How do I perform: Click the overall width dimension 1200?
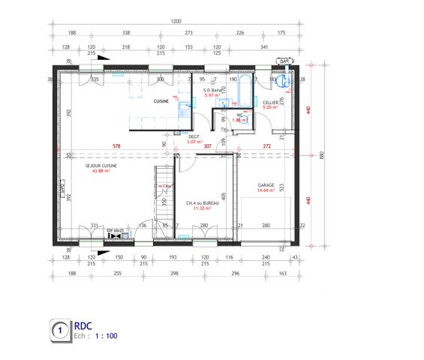(x=176, y=21)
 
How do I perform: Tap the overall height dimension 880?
(x=321, y=155)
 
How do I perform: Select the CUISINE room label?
(x=161, y=100)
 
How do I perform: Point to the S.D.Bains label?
(x=212, y=90)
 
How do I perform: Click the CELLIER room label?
(x=270, y=102)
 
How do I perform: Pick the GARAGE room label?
(x=266, y=184)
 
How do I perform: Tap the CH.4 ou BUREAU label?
(x=200, y=202)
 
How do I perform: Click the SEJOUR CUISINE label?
(x=96, y=166)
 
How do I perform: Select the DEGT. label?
(x=194, y=136)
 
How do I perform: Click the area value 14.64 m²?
(x=266, y=190)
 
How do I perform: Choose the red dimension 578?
(x=116, y=145)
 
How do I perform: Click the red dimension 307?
(x=208, y=145)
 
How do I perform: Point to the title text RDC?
(x=83, y=326)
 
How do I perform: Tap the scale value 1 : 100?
(x=106, y=337)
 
